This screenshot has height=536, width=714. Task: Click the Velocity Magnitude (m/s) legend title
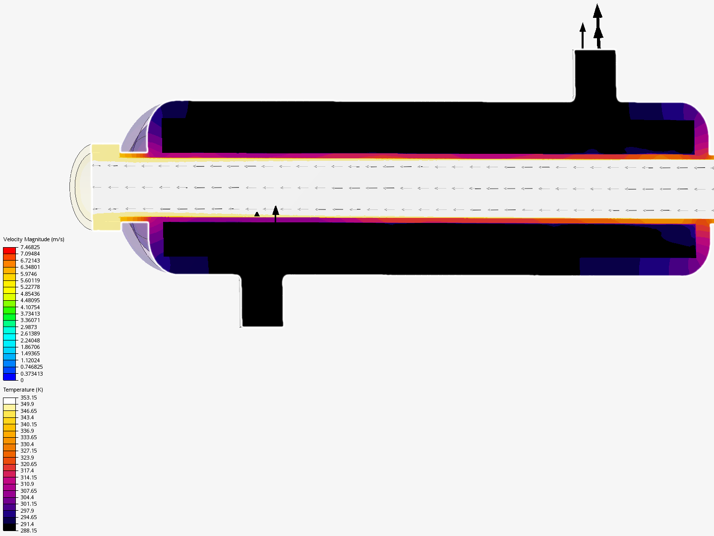coord(34,239)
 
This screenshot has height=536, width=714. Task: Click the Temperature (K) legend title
coord(23,390)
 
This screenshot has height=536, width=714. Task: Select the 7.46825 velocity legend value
coord(30,247)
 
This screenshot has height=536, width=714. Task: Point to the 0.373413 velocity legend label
coord(32,374)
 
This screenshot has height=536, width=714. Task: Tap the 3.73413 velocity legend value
coord(30,314)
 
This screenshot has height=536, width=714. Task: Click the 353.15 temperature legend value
coord(29,398)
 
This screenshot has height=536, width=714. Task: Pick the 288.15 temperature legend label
coord(29,531)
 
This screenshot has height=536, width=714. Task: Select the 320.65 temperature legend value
coord(29,464)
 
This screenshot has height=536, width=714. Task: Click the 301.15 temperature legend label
coord(29,504)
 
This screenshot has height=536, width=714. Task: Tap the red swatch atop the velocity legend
coord(9,251)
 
